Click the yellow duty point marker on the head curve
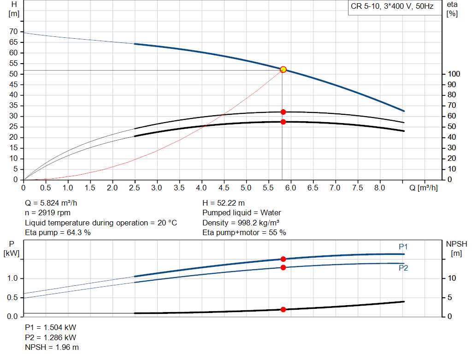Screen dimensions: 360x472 pyautogui.click(x=283, y=70)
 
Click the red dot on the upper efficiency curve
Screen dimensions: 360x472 pyautogui.click(x=283, y=112)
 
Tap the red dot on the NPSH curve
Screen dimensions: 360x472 pyautogui.click(x=283, y=309)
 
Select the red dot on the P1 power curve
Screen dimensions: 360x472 pyautogui.click(x=283, y=259)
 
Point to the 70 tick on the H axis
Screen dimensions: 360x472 pyautogui.click(x=13, y=31)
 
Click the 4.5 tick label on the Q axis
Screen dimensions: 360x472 pyautogui.click(x=224, y=188)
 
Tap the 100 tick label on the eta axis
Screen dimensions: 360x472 pyautogui.click(x=454, y=74)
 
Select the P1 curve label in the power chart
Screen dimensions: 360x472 pyautogui.click(x=403, y=247)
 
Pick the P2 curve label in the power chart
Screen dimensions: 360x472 pyautogui.click(x=403, y=268)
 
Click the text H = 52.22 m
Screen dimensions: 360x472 pyautogui.click(x=224, y=203)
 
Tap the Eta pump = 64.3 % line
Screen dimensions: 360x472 pyautogui.click(x=58, y=233)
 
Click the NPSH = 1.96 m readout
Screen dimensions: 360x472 pyautogui.click(x=52, y=347)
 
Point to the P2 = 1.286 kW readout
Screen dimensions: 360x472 pyautogui.click(x=50, y=337)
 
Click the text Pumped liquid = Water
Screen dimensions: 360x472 pyautogui.click(x=242, y=213)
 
